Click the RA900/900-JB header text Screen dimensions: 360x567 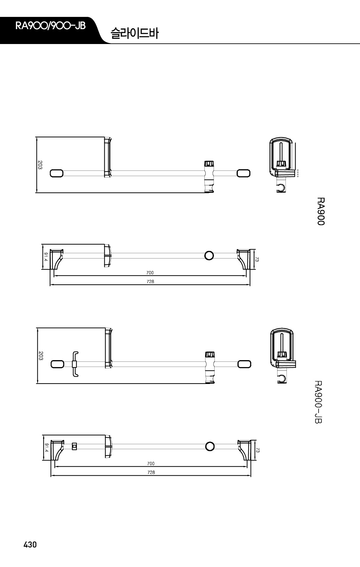(x=50, y=26)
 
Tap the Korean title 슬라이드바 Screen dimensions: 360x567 (x=134, y=33)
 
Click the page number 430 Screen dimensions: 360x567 (x=30, y=544)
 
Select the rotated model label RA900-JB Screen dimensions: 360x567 (x=318, y=402)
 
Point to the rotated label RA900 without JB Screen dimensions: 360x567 (x=321, y=212)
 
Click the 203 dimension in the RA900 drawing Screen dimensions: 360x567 (x=40, y=165)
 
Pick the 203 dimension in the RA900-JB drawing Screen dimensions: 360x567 (x=41, y=355)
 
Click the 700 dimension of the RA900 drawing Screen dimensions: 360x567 (x=150, y=273)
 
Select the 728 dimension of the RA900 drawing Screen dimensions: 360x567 (x=150, y=281)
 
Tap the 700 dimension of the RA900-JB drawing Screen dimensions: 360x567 (x=151, y=463)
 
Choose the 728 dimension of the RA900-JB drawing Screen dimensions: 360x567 (x=151, y=472)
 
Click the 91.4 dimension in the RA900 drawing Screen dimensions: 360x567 (x=46, y=257)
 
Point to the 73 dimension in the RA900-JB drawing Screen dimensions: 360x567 (x=258, y=450)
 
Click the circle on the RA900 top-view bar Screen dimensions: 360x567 (x=209, y=256)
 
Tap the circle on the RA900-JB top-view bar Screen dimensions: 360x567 (x=210, y=447)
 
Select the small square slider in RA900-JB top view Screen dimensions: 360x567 (x=75, y=447)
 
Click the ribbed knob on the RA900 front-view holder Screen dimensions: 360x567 (x=209, y=163)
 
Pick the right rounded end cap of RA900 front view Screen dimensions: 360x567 (x=243, y=173)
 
